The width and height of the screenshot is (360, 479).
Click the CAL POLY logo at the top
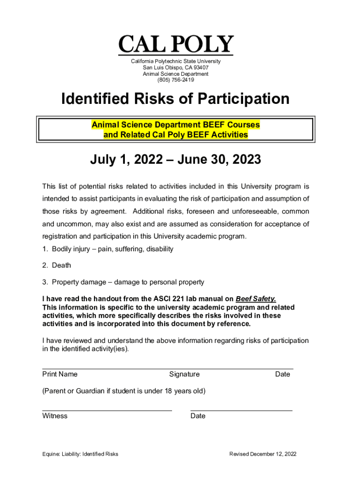[x=175, y=45]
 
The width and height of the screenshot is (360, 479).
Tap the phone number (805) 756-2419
[x=175, y=80]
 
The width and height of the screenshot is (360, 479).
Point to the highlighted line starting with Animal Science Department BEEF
[x=175, y=125]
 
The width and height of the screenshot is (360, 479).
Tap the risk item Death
[x=61, y=265]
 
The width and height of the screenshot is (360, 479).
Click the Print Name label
[x=60, y=374]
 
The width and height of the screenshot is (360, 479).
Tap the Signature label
[x=184, y=374]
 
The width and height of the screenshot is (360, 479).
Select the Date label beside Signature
[x=282, y=374]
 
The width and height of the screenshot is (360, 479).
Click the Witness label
[x=55, y=416]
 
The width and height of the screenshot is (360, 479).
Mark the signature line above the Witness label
[x=107, y=410]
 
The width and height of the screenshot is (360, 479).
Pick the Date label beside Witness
[x=198, y=416]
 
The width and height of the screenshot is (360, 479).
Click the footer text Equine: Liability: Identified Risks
[x=80, y=454]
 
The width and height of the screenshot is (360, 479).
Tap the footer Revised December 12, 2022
[x=263, y=454]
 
